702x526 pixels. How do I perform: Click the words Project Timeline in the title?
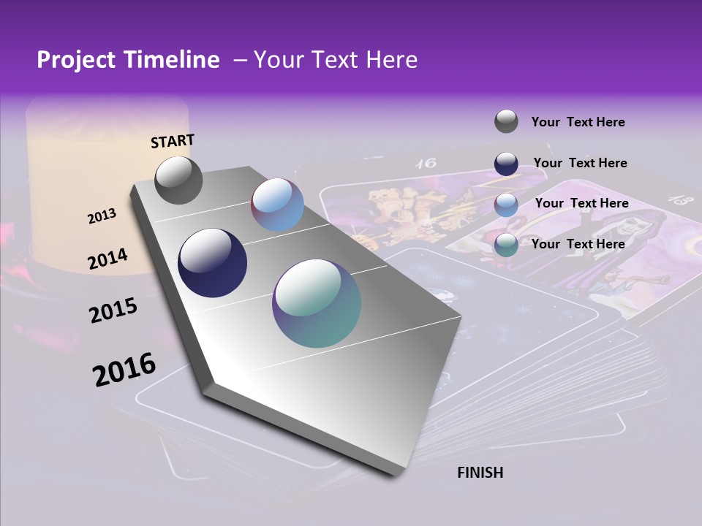tap(128, 60)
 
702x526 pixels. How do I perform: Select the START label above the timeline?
tap(173, 141)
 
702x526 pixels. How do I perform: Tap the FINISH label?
tap(480, 473)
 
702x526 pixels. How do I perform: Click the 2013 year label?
tap(102, 216)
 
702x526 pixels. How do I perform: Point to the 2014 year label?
tap(107, 259)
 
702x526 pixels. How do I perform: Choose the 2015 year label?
tap(113, 310)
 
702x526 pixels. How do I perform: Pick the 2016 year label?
tap(124, 369)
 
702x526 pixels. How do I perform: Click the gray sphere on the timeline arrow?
tap(179, 180)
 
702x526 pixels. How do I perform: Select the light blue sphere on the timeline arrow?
tap(278, 205)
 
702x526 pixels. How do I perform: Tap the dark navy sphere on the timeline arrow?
tap(213, 263)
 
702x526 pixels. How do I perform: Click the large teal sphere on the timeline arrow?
tap(317, 303)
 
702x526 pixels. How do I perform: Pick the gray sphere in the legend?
tap(506, 121)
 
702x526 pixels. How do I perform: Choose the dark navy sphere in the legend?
tap(506, 163)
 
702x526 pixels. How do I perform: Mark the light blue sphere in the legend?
tap(506, 204)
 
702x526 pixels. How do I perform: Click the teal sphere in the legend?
tap(506, 245)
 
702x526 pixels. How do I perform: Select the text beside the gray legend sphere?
tap(578, 122)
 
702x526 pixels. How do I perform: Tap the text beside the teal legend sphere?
tap(578, 244)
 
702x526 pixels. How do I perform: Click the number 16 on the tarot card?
tap(426, 163)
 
